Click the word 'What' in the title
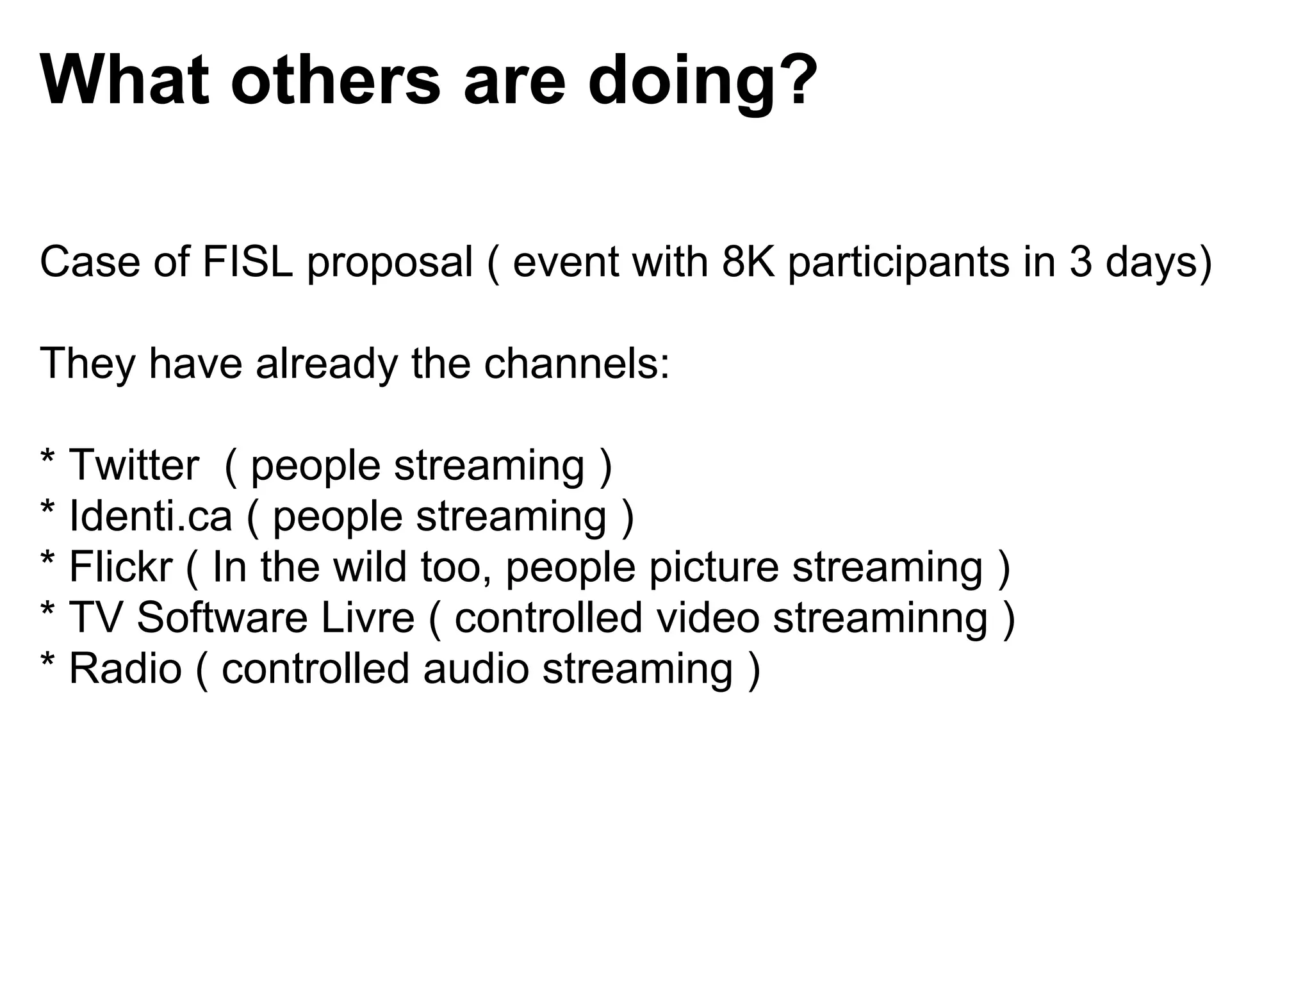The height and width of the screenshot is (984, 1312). point(125,81)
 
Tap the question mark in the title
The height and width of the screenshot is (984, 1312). point(795,81)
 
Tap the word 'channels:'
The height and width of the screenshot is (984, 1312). point(577,363)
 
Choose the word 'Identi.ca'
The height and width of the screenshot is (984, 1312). point(150,516)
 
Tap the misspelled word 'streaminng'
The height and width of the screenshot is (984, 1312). point(880,618)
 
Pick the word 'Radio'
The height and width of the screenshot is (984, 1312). point(125,668)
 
